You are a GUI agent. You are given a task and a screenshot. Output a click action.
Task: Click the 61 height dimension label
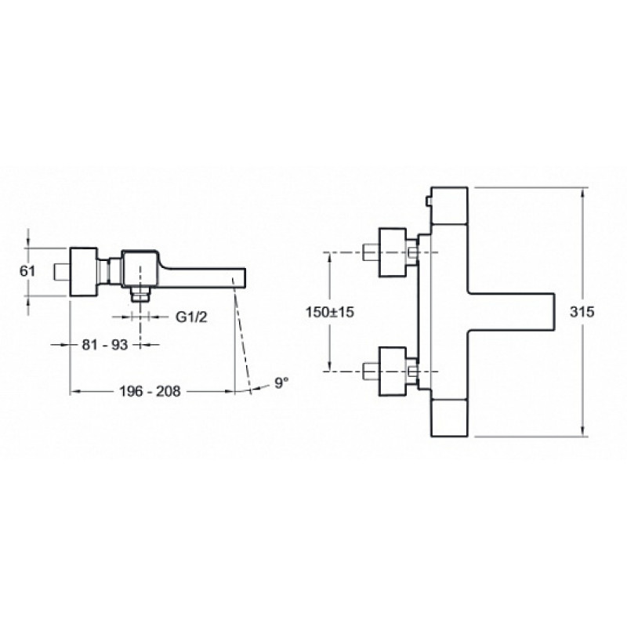27,271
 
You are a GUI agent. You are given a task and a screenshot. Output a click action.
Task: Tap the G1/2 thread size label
191,317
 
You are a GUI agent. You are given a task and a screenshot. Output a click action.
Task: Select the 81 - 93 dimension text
105,344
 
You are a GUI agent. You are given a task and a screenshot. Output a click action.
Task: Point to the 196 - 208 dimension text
150,390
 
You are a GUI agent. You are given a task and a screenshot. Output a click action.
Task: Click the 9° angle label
281,382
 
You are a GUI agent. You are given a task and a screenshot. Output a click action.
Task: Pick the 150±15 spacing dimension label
330,311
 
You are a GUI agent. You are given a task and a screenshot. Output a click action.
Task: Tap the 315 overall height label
582,311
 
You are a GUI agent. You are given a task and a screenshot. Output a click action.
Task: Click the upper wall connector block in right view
393,252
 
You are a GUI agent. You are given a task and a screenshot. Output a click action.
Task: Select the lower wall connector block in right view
393,371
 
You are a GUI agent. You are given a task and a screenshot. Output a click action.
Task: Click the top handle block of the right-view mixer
449,205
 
